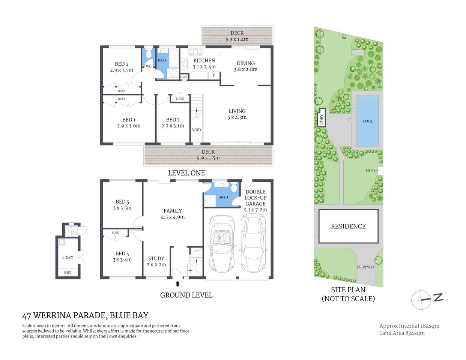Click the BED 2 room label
(122, 64)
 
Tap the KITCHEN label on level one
(204, 61)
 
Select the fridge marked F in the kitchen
(213, 76)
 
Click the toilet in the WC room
(149, 55)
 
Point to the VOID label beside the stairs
(196, 130)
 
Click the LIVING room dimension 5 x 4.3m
(237, 117)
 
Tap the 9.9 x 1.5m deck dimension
(208, 158)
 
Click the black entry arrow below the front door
(177, 284)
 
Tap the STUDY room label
(156, 258)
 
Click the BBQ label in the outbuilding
(68, 272)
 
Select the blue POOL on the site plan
(368, 121)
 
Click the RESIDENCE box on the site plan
(348, 226)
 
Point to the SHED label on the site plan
(370, 171)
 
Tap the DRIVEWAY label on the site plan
(365, 267)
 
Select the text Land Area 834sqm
(401, 333)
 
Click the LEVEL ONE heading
(186, 173)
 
